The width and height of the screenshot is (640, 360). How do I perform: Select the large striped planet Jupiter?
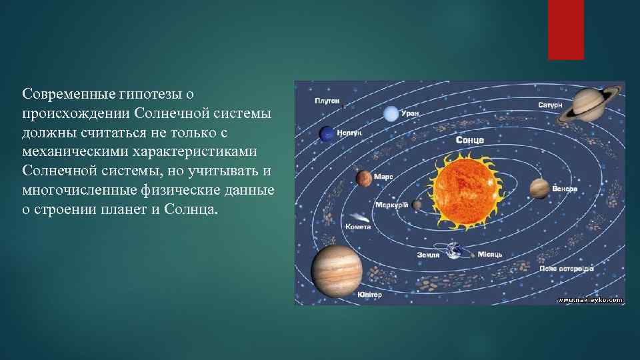click(x=336, y=269)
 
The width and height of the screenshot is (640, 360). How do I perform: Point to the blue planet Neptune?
click(x=327, y=134)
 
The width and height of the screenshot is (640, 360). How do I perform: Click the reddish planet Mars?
click(x=364, y=179)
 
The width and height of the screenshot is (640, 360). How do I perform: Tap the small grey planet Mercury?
click(x=417, y=205)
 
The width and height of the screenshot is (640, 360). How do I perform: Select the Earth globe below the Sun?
click(x=455, y=251)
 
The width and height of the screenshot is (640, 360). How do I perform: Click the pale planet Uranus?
click(x=389, y=115)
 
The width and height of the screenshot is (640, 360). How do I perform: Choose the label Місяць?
click(x=489, y=255)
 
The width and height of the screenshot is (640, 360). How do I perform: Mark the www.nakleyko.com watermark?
click(x=589, y=300)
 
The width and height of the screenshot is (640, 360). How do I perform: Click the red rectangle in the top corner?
click(x=565, y=29)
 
